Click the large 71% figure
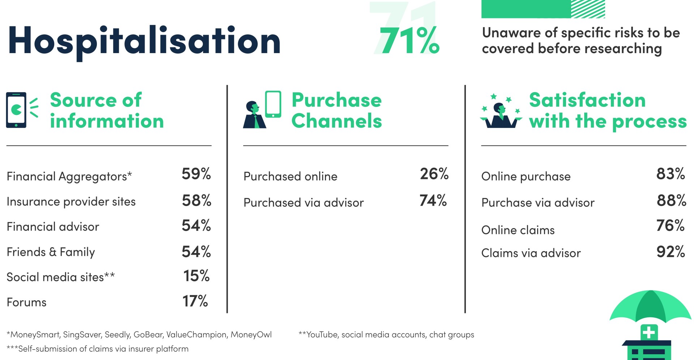point(409,40)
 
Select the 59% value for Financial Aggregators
point(196,174)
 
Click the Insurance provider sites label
point(71,201)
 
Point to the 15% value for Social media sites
point(196,276)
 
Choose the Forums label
point(27,302)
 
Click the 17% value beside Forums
point(195,301)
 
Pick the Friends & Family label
point(51,252)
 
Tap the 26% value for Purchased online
point(434,174)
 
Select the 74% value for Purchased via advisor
point(433,200)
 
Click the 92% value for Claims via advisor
point(671,252)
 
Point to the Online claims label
point(518,230)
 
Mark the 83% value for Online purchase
point(671,174)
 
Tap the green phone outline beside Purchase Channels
point(273,104)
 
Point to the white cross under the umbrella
point(649,332)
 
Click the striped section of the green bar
point(588,9)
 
